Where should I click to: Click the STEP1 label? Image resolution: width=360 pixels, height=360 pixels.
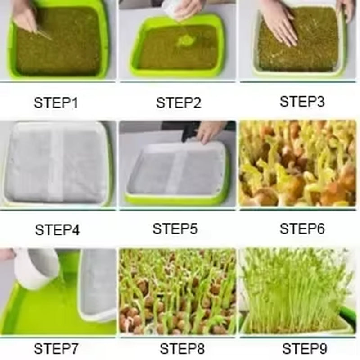[56, 103]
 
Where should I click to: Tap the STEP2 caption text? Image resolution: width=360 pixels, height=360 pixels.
[178, 103]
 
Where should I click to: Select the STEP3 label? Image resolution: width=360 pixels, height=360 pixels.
[302, 102]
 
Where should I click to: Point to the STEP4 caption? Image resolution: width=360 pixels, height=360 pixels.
[57, 230]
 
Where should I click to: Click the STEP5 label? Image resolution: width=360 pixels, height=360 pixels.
[175, 229]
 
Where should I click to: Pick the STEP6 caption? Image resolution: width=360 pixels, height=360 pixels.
[302, 229]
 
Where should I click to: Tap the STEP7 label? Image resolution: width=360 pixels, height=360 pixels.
[57, 349]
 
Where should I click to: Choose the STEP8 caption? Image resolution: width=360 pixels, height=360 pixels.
[182, 349]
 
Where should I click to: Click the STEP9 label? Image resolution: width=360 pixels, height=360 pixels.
[305, 349]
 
